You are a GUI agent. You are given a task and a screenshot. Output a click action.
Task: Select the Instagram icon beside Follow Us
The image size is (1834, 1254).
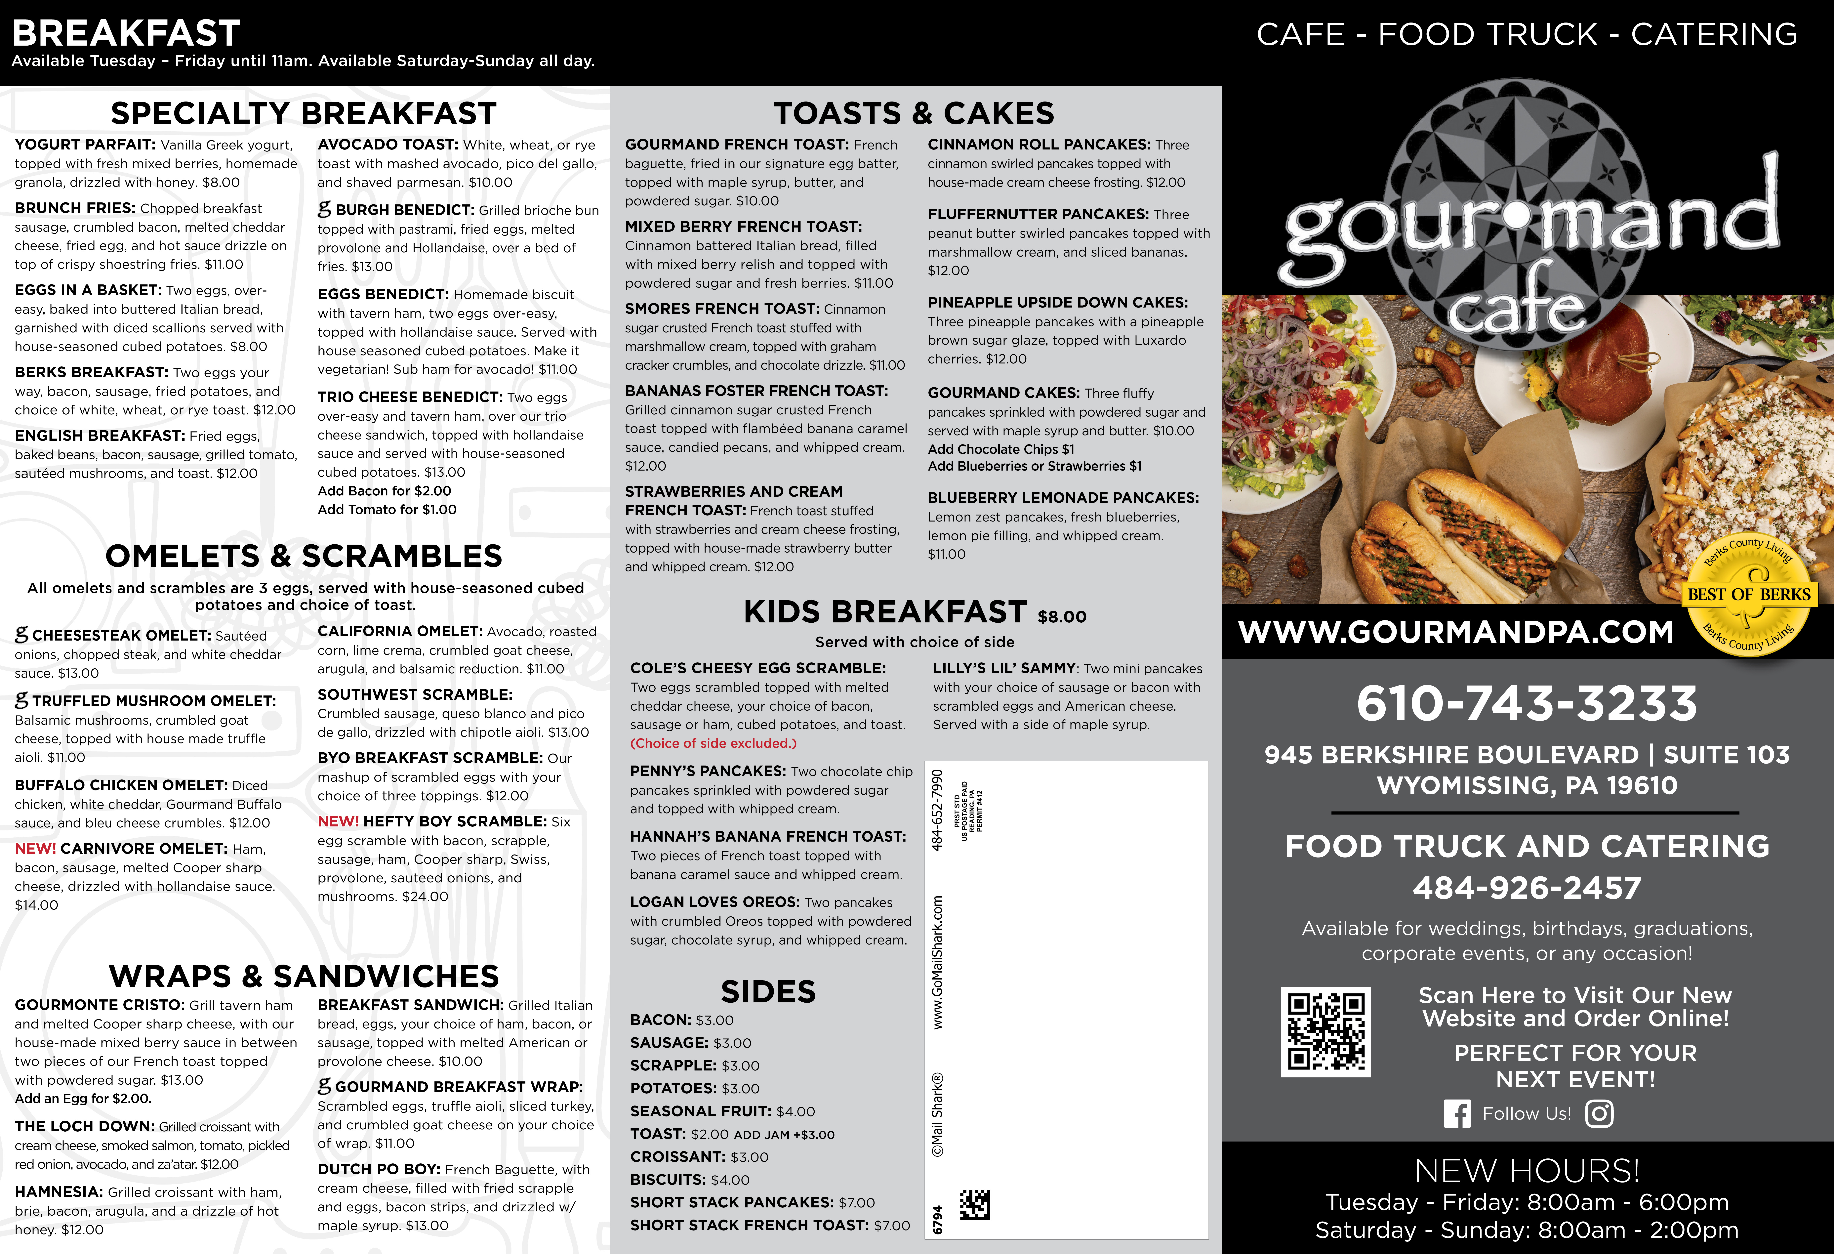[x=1599, y=1113]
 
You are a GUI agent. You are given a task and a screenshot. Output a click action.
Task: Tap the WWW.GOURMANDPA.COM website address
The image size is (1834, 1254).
[x=1456, y=631]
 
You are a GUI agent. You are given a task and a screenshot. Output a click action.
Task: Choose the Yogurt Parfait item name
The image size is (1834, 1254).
[x=84, y=145]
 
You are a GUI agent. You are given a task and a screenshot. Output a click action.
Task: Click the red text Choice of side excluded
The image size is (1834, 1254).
[x=713, y=743]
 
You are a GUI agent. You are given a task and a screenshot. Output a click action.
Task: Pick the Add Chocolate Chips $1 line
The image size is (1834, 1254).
[x=1001, y=449]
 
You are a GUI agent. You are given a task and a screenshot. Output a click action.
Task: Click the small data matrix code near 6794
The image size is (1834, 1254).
[x=975, y=1204]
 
